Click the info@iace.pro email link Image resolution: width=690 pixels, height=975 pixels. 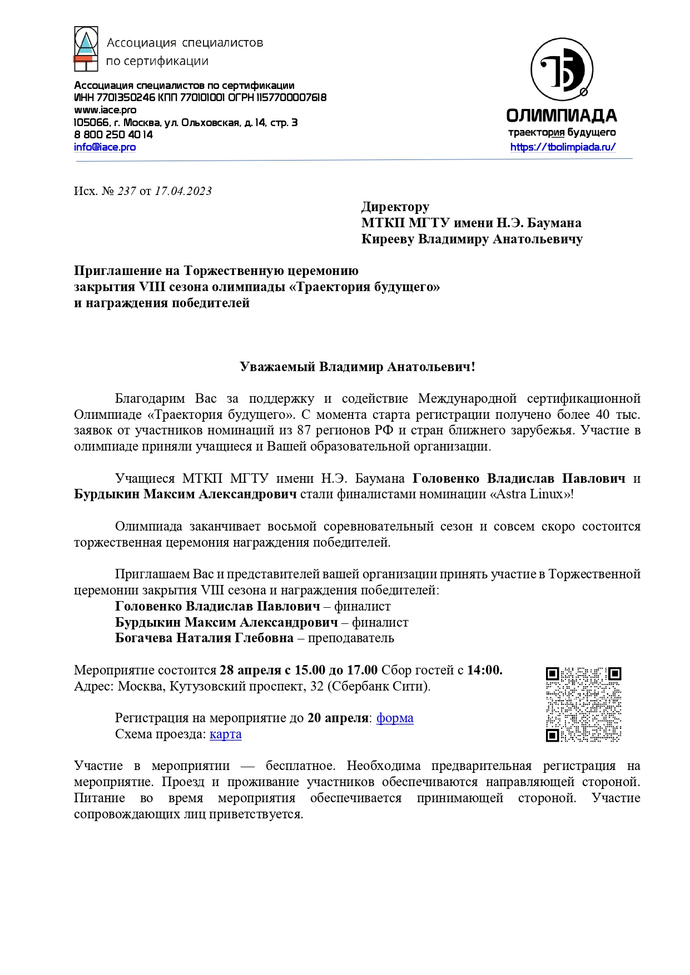tap(105, 147)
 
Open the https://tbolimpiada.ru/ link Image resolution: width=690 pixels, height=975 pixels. tap(563, 147)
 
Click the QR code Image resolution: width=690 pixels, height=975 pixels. tap(583, 704)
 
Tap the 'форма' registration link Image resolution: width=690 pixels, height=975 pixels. tap(395, 718)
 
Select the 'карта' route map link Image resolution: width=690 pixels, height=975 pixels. tap(225, 734)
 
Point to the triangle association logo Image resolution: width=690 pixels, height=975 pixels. tap(86, 49)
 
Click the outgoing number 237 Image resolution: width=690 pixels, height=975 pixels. tap(127, 191)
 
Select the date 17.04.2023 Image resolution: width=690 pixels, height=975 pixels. tap(183, 191)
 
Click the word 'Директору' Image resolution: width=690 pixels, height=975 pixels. tap(395, 207)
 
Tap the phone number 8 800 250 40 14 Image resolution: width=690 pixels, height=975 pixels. tap(113, 134)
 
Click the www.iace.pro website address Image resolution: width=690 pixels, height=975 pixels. tap(105, 110)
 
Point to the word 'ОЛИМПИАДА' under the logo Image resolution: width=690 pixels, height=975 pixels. tap(562, 116)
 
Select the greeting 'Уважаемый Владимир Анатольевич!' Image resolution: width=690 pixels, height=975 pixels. tap(358, 367)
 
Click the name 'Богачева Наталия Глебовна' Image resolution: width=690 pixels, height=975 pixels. tap(204, 638)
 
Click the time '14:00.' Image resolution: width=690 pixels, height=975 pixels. tap(484, 670)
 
